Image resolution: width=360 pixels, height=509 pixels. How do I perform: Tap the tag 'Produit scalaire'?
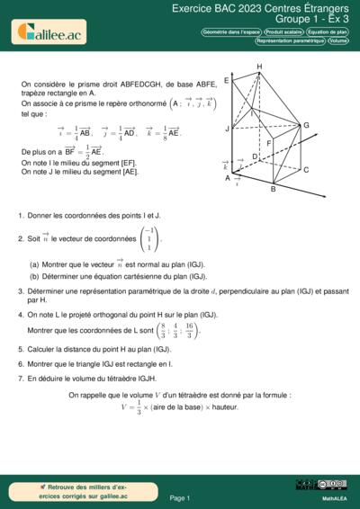pyautogui.click(x=281, y=31)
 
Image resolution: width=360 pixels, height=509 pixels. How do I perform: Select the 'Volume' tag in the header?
pyautogui.click(x=338, y=40)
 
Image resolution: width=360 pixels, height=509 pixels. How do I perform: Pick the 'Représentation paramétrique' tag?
pyautogui.click(x=290, y=40)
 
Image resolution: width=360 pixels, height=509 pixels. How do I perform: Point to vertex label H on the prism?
pyautogui.click(x=259, y=67)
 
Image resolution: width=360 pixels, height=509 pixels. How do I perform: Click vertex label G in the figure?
pyautogui.click(x=306, y=125)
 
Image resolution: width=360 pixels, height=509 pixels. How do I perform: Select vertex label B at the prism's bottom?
pyautogui.click(x=273, y=190)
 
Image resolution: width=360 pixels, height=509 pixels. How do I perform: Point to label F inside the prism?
pyautogui.click(x=268, y=142)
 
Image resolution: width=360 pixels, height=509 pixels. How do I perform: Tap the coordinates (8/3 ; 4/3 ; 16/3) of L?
pyautogui.click(x=180, y=329)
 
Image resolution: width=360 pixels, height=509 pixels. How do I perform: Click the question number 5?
pyautogui.click(x=20, y=347)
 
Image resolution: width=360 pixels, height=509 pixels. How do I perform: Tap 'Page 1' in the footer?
pyautogui.click(x=180, y=497)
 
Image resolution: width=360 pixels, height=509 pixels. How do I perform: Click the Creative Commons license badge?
pyautogui.click(x=309, y=486)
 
